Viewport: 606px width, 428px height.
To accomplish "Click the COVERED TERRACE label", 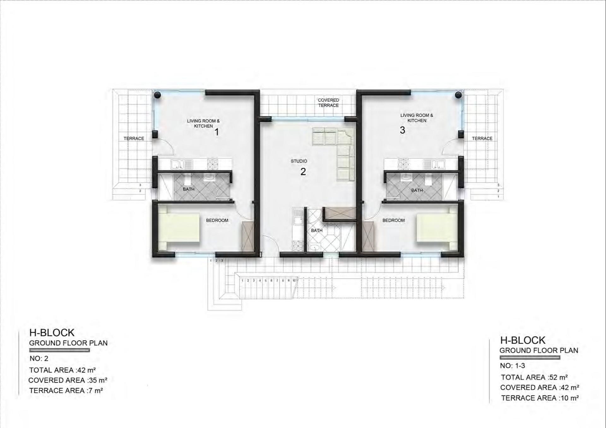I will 328,103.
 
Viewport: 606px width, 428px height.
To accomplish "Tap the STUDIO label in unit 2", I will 299,161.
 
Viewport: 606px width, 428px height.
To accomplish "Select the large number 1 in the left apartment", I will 217,132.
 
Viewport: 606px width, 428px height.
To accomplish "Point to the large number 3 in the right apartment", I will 402,130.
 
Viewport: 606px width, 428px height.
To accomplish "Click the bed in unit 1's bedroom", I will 179,228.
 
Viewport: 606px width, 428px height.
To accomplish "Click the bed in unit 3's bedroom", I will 437,228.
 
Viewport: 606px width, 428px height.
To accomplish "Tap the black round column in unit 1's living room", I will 157,95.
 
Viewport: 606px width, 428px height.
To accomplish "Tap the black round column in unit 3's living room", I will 458,95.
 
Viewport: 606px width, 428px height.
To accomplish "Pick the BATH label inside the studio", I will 317,231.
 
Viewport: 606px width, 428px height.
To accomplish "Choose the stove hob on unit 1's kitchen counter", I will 212,164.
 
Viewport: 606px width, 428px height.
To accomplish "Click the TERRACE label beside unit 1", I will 134,138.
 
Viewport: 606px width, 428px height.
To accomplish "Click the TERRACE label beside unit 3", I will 482,138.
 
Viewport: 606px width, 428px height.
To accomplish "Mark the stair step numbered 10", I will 294,280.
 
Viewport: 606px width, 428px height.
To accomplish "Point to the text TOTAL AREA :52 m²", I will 534,377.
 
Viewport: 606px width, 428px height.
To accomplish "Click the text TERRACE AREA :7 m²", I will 66,390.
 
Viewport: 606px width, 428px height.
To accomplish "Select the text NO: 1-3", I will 512,366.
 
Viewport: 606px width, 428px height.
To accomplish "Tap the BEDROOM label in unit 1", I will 217,220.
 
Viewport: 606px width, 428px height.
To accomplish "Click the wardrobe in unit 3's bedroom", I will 368,236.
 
